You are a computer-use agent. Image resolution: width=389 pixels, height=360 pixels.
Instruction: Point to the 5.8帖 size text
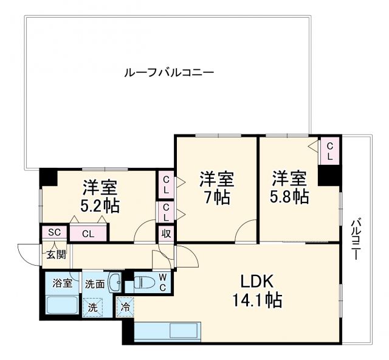290,196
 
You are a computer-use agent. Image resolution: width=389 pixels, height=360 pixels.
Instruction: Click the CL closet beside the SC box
88,233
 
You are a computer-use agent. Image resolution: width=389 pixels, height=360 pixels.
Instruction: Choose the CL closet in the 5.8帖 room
329,151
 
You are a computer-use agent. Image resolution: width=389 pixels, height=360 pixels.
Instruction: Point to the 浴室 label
63,283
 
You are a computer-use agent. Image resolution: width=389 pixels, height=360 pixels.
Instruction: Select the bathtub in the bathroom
63,305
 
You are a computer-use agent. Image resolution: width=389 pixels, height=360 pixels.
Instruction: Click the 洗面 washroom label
95,283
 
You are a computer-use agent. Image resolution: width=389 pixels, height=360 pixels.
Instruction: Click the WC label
162,282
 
